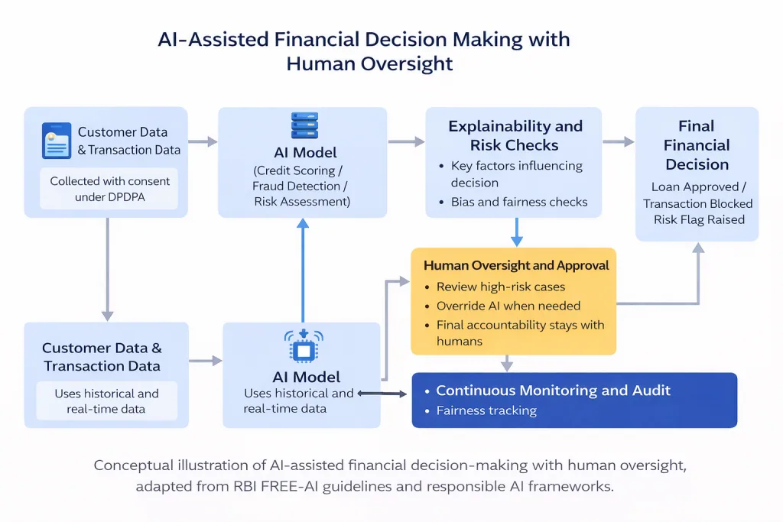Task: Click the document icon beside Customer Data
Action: click(57, 140)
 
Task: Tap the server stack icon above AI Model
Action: click(304, 125)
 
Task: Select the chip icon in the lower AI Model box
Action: click(304, 345)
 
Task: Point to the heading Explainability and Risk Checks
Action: click(515, 135)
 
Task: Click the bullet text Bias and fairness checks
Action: click(519, 202)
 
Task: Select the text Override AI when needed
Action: click(508, 306)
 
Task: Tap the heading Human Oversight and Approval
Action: click(516, 265)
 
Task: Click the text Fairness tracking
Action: click(486, 410)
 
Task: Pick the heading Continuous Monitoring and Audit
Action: click(554, 391)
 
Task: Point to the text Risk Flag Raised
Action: click(699, 219)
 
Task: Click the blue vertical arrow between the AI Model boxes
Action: click(303, 271)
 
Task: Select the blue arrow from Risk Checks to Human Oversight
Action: click(517, 232)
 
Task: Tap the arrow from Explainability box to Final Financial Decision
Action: click(618, 141)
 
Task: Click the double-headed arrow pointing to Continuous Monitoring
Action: click(382, 394)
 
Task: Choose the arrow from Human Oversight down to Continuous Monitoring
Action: click(507, 363)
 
